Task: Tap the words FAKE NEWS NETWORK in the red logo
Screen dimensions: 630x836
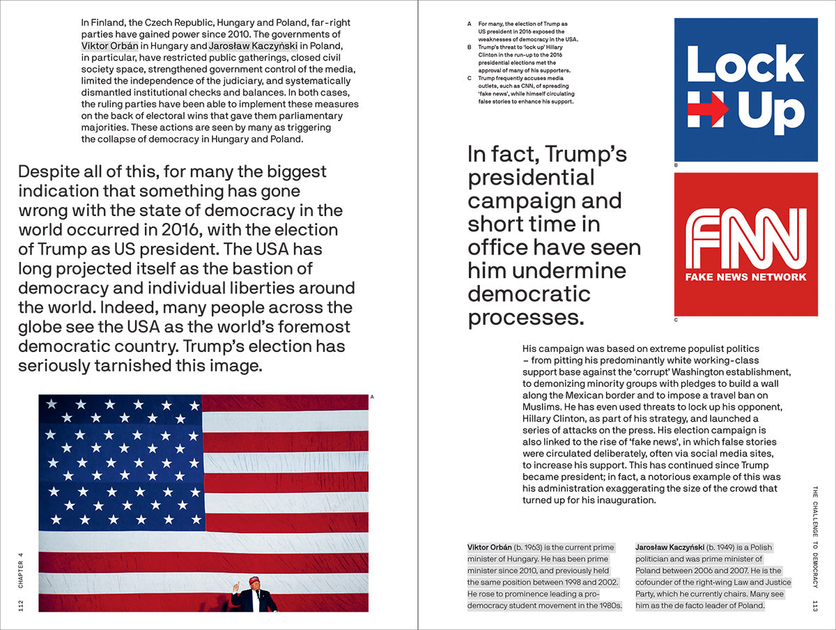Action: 745,277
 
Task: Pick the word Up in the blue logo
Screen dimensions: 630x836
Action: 771,110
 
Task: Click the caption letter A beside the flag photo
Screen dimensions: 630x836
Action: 373,397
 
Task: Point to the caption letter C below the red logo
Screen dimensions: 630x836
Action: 676,321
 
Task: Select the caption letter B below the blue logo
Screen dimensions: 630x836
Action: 676,166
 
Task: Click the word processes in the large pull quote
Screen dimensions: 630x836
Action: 525,317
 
